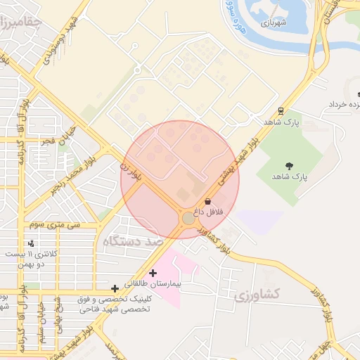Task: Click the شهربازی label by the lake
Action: click(x=276, y=22)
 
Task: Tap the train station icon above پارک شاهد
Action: click(x=281, y=110)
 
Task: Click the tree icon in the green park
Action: click(x=291, y=166)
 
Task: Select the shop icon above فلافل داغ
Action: click(x=207, y=201)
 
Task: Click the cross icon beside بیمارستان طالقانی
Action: click(x=153, y=273)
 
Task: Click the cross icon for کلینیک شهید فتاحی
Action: click(x=115, y=288)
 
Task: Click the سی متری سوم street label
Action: click(x=54, y=225)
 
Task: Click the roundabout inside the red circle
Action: click(x=188, y=219)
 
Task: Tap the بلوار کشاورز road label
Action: click(x=214, y=238)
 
